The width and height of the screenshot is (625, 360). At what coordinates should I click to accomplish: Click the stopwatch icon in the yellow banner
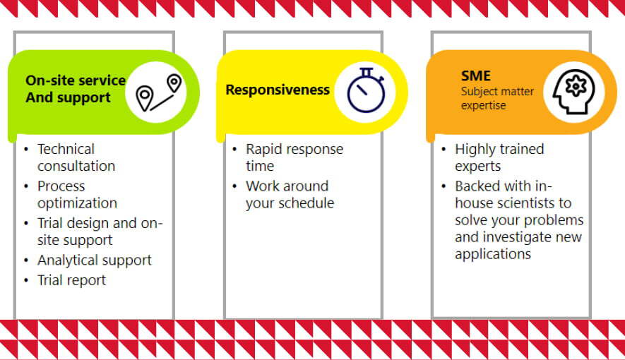pos(366,90)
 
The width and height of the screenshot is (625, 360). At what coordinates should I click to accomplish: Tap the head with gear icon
pos(574,92)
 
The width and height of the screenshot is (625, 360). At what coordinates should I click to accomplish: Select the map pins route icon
pos(159,92)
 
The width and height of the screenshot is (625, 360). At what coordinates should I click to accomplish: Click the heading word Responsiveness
pos(278,90)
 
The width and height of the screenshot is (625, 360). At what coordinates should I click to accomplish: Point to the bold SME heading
pos(475,76)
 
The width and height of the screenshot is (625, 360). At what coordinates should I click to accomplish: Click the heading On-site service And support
pos(76,89)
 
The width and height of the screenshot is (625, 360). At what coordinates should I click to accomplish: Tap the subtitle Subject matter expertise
pos(497,98)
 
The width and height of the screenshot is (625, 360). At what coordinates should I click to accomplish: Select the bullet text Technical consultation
pos(76,157)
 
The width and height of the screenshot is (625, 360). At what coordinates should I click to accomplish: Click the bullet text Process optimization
pos(77,194)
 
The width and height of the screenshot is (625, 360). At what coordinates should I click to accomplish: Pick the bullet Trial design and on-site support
pos(100,232)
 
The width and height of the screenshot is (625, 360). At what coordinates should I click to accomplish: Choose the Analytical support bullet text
pos(95,260)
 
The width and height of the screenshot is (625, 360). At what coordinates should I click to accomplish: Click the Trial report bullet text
pos(72,280)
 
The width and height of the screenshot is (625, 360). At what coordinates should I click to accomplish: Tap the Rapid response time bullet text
pos(294,157)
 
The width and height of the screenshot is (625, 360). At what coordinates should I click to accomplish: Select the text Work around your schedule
pos(290,194)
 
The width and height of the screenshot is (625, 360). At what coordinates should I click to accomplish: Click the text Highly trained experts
pos(499,157)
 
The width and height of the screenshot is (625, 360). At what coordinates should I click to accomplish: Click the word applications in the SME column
pos(493,254)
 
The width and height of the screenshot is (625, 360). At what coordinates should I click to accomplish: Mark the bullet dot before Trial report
pos(26,280)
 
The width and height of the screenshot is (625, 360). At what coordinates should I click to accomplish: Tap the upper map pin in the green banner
pos(174,83)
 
